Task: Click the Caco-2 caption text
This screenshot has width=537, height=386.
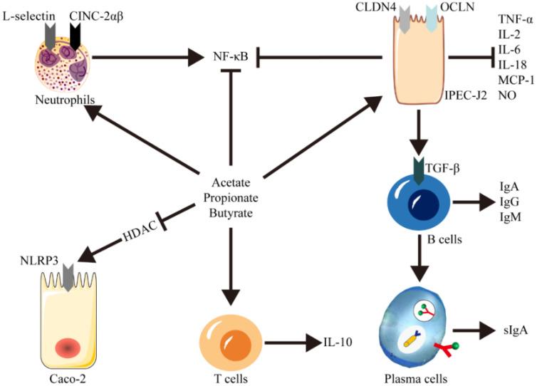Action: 56,375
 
